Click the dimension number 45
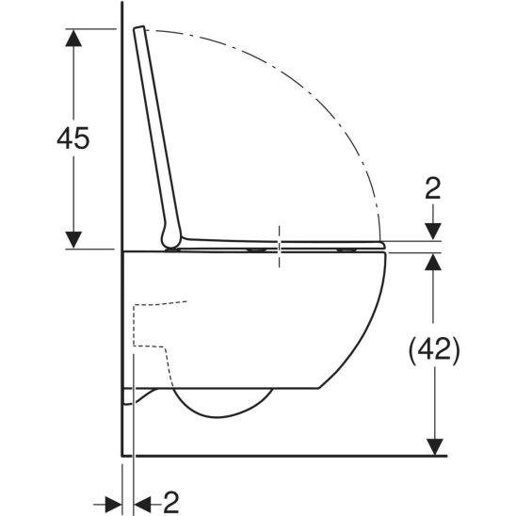(x=73, y=138)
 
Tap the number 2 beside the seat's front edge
(x=432, y=188)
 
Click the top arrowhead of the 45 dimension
(x=73, y=38)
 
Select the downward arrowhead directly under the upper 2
(x=432, y=231)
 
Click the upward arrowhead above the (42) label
(x=432, y=263)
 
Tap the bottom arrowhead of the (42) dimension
(x=432, y=444)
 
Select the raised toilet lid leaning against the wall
(x=157, y=132)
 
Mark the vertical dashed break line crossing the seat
(x=280, y=247)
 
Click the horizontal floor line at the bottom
(x=282, y=456)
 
